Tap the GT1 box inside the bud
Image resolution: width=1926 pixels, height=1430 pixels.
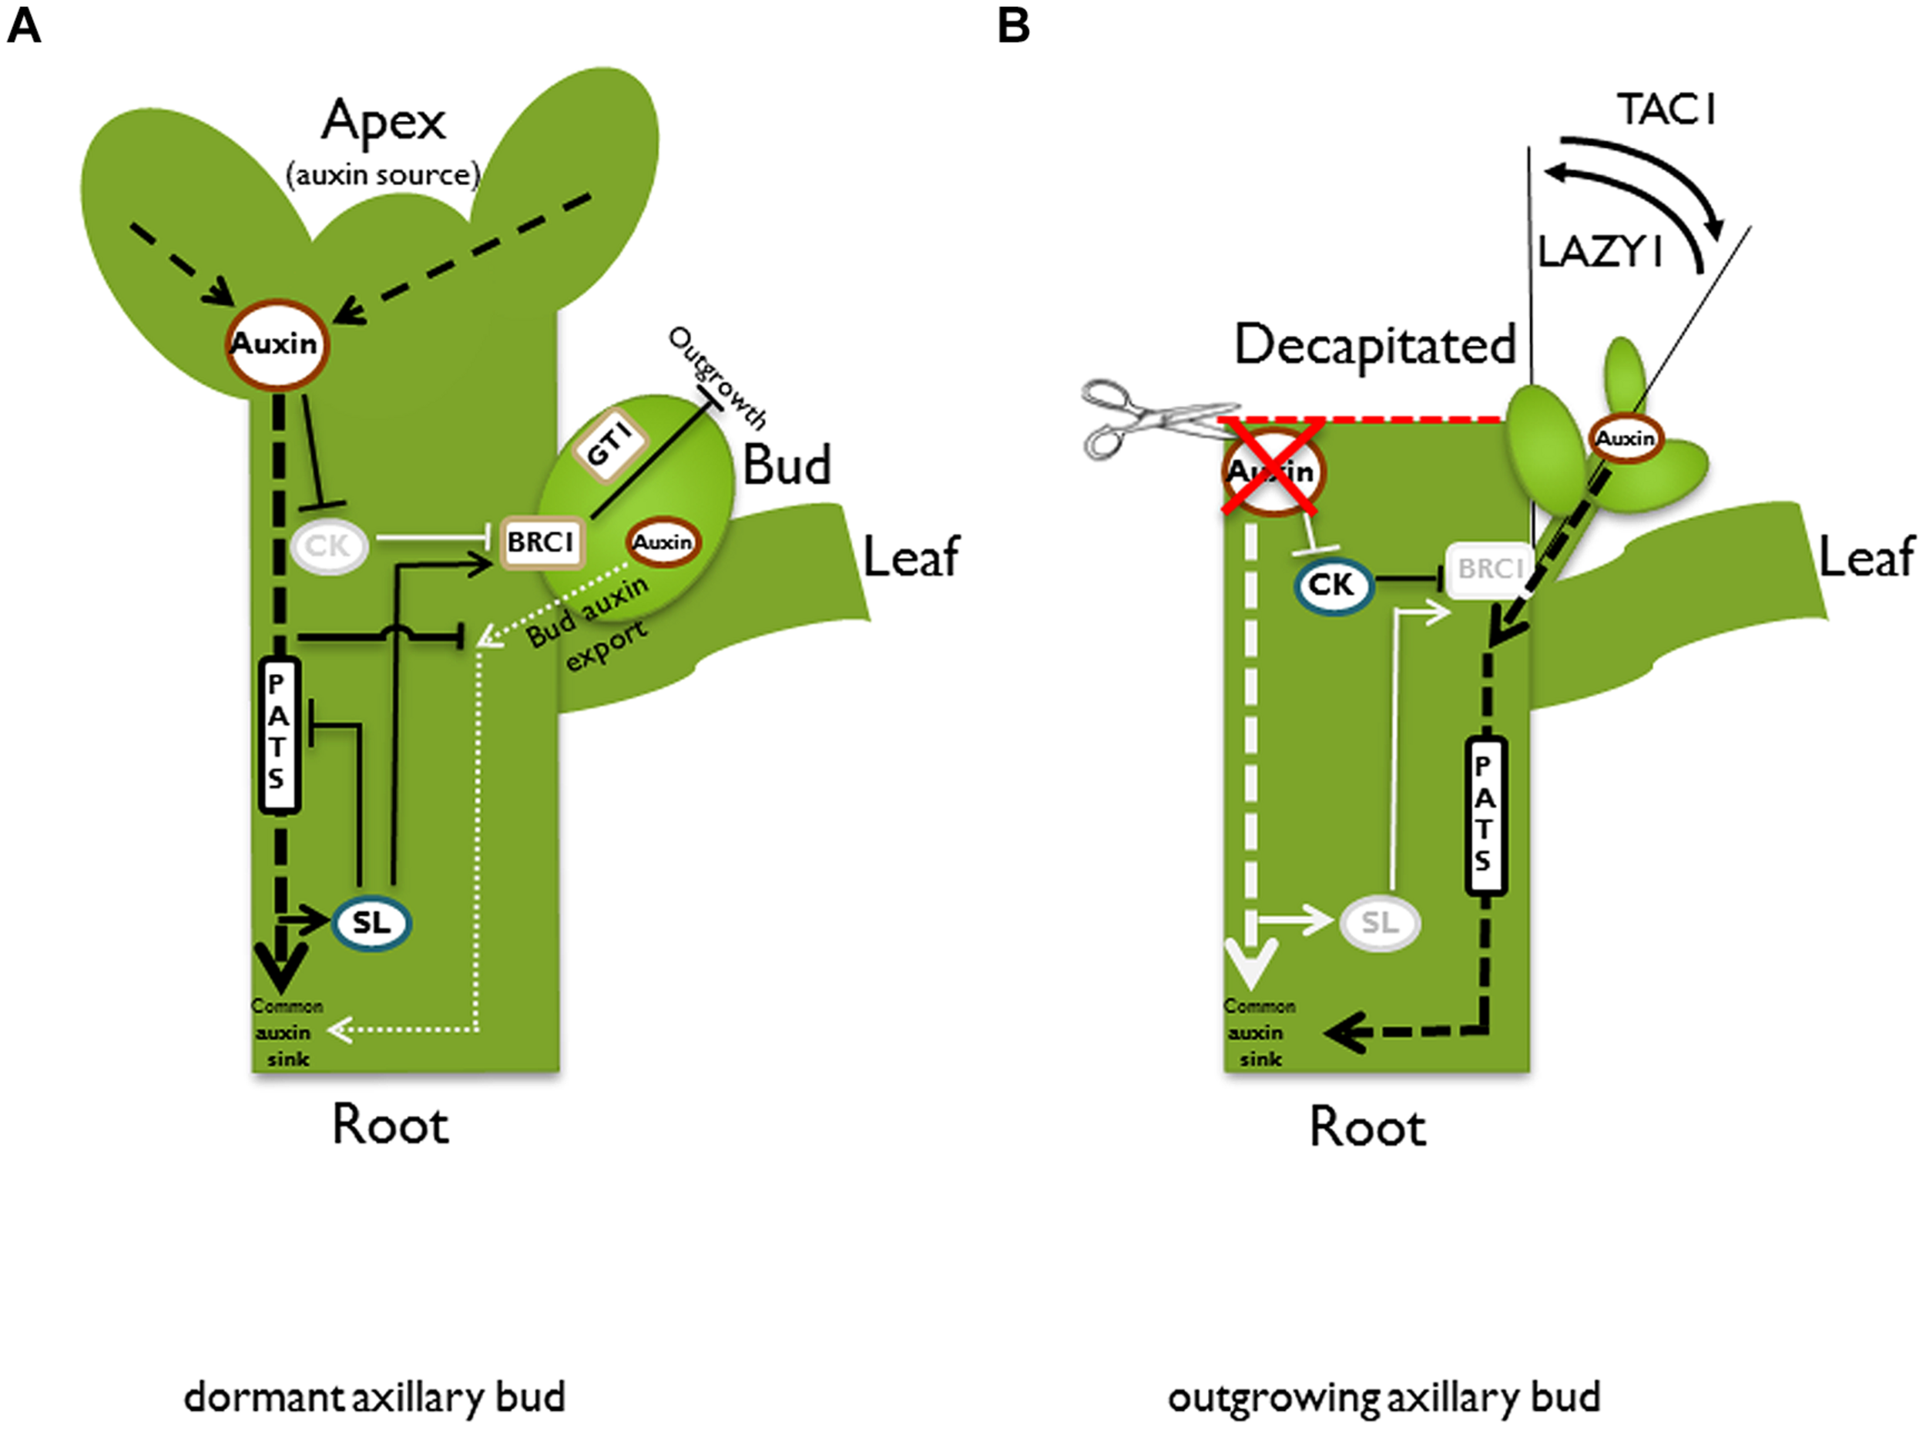611,447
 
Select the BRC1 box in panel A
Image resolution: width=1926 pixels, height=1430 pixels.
542,542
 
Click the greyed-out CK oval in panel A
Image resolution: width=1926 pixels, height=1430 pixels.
328,546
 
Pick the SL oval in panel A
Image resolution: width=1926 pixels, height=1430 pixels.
371,923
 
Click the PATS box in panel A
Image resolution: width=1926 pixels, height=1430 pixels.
279,736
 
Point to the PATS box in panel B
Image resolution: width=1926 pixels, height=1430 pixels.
1485,815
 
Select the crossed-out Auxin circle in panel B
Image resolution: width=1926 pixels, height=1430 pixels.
1272,472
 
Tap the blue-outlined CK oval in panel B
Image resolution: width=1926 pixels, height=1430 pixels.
1332,586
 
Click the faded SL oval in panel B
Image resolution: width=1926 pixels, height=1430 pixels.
1380,923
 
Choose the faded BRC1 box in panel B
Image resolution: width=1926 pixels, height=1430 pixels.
1487,569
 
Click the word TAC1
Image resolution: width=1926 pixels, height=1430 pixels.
1666,110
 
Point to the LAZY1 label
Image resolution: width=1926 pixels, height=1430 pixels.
1599,253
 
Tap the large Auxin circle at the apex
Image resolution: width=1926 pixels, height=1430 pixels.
277,344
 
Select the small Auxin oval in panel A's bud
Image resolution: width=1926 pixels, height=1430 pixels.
663,542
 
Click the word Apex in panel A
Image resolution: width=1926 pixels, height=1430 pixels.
384,121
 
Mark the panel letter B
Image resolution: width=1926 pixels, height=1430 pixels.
1014,26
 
